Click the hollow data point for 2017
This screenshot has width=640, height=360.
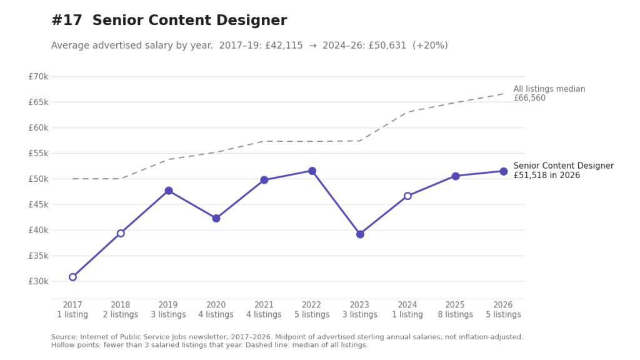click(x=72, y=277)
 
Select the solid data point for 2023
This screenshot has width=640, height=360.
click(x=360, y=234)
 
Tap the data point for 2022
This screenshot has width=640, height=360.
click(x=312, y=171)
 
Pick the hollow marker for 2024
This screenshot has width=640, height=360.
click(x=407, y=196)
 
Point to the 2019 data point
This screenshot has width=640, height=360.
click(x=169, y=191)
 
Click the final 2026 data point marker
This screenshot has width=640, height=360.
click(x=504, y=171)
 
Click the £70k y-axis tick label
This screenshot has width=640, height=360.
click(x=38, y=76)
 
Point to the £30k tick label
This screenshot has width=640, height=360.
click(x=38, y=281)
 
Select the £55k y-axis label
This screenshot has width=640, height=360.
click(x=38, y=154)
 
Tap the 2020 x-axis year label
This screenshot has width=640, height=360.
click(x=216, y=305)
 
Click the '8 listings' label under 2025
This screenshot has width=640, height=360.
click(x=455, y=315)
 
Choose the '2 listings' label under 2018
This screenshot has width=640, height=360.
click(x=121, y=315)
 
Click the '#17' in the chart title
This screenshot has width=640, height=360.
click(x=67, y=21)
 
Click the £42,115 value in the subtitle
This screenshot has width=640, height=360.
click(x=284, y=45)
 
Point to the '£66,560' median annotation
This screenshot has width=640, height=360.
click(x=529, y=98)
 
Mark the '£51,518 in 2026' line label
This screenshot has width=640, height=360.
click(x=546, y=176)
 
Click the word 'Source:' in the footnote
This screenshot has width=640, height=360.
click(x=64, y=337)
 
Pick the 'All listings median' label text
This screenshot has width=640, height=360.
click(x=549, y=89)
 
